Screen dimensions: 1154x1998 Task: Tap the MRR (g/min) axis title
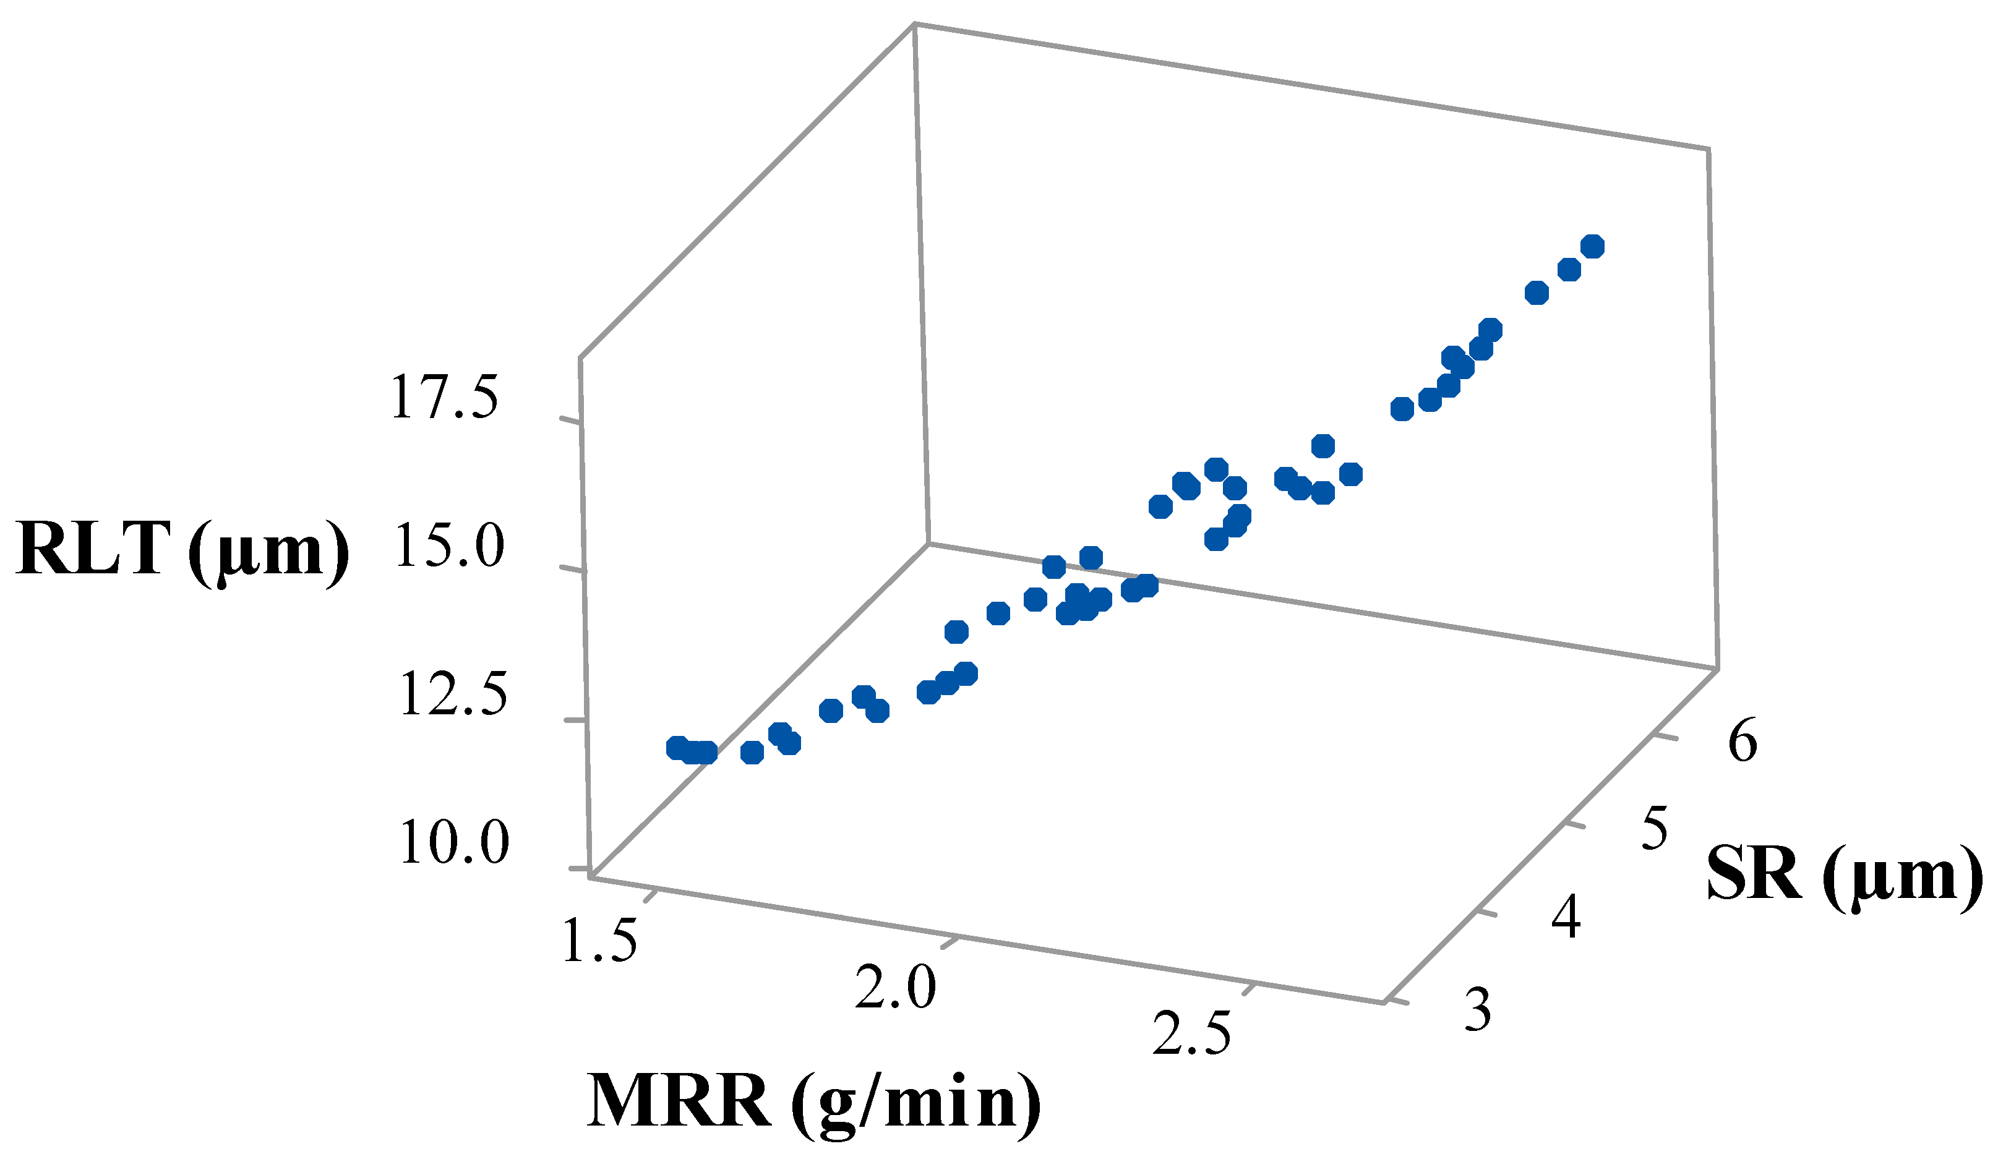tap(813, 1101)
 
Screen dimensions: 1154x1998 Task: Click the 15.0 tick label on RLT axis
tap(448, 546)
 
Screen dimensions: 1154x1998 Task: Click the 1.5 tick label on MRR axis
tap(600, 940)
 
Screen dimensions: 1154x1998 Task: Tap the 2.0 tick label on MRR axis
tap(896, 988)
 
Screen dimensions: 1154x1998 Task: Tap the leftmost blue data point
tap(677, 748)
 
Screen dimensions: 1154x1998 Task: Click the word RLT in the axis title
tap(93, 549)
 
